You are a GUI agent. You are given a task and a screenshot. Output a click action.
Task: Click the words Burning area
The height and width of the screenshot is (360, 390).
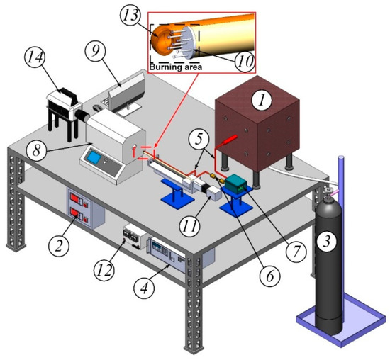pyautogui.click(x=174, y=67)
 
